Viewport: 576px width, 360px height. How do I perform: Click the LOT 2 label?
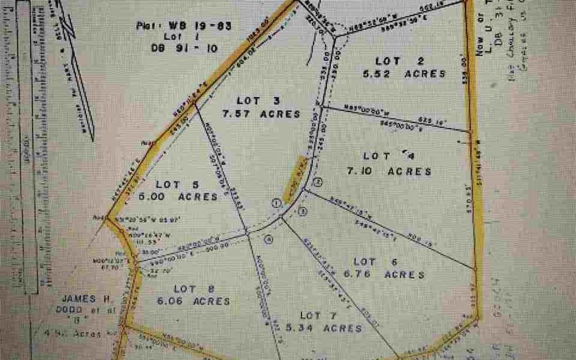coord(400,61)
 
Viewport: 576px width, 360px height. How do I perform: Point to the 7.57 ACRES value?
coord(261,114)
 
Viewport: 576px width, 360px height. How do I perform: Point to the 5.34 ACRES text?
coord(323,328)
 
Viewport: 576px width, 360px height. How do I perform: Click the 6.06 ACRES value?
coord(195,301)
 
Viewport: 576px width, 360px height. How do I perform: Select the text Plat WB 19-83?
coord(183,25)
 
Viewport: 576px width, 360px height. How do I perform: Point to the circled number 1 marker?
coord(276,204)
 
